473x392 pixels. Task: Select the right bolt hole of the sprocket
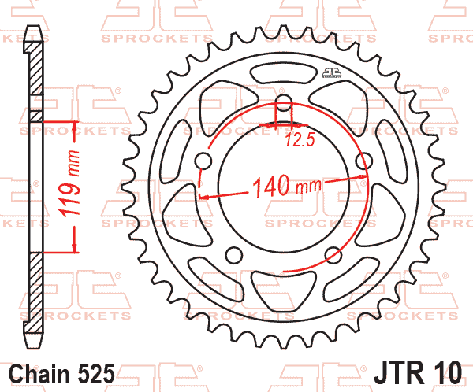click(363, 161)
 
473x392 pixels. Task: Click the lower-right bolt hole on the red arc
click(333, 253)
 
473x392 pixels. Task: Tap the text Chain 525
click(63, 371)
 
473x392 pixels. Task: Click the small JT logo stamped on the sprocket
click(331, 74)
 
